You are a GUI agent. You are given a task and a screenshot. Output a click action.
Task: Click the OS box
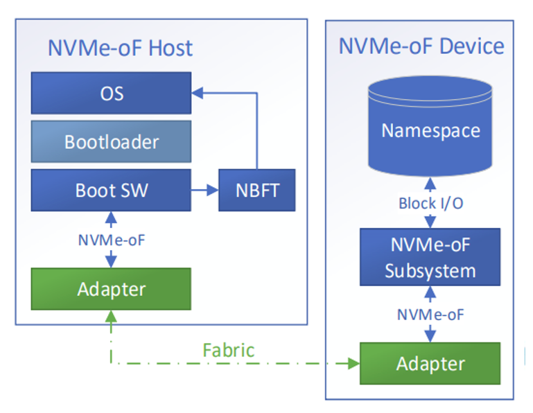[111, 93]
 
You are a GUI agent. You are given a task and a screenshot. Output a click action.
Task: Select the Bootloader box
[111, 141]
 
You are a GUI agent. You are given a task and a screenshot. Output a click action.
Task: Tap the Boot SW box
[111, 190]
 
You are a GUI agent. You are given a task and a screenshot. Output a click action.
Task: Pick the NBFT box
[256, 190]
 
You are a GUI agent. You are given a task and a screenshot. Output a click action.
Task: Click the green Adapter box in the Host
[111, 288]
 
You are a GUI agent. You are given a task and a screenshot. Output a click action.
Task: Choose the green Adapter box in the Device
[430, 363]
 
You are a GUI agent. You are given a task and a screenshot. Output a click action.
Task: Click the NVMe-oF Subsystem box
[430, 257]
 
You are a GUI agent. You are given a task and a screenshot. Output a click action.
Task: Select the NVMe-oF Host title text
[119, 48]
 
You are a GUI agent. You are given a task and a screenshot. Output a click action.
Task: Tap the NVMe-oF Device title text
[421, 46]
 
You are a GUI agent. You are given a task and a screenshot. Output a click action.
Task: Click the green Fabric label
[228, 350]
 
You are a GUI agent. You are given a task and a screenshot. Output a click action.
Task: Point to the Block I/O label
[430, 204]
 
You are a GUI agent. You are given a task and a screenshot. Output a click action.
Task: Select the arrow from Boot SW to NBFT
[204, 188]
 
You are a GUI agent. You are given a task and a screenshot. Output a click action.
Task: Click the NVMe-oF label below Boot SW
[112, 240]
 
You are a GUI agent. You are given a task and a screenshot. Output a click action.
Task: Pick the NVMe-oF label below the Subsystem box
[430, 314]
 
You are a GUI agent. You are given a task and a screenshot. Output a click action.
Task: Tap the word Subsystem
[430, 270]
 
